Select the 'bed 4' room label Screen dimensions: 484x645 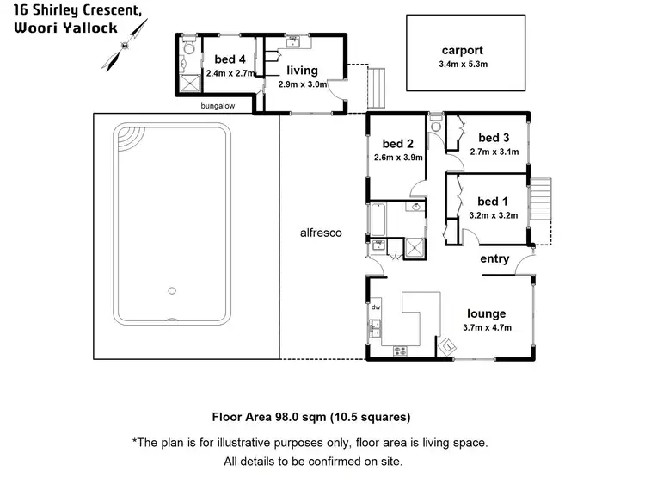(220, 59)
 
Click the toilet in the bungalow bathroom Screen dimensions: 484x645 (187, 61)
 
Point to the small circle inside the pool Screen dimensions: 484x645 (172, 291)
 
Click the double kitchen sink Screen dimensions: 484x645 (376, 329)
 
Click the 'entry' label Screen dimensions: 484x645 (494, 259)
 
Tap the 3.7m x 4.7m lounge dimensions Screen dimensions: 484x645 (488, 327)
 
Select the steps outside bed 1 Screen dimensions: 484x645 (539, 199)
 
